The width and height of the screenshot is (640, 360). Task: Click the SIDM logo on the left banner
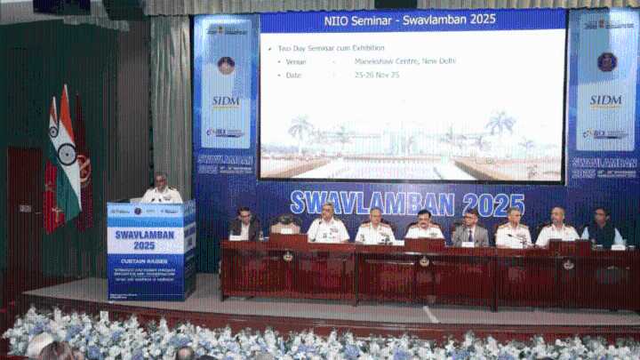coord(226,101)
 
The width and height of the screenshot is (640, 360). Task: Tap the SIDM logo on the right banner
coord(605,100)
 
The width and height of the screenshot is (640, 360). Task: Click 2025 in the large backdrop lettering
coord(493,204)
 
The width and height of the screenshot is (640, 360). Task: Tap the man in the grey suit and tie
coord(469,228)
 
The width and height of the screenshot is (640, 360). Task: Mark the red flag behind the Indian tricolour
coord(83,164)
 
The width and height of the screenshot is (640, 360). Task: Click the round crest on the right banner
coord(607,61)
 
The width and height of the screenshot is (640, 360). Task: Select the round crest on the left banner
coord(226,65)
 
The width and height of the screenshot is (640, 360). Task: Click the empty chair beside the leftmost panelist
coord(285,227)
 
